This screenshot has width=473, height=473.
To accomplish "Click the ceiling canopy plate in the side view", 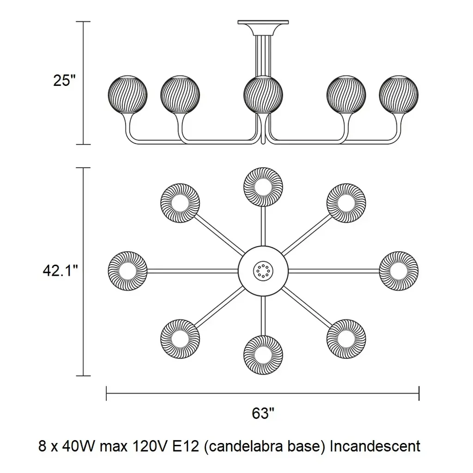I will [263, 23].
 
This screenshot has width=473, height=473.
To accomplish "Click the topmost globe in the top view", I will [263, 187].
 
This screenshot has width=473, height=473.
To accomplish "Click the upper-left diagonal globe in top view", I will [180, 202].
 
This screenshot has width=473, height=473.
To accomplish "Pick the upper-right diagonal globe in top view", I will [346, 202].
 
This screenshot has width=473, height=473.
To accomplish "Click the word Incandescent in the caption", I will [375, 446].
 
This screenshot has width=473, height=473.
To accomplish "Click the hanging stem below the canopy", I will [263, 53].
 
